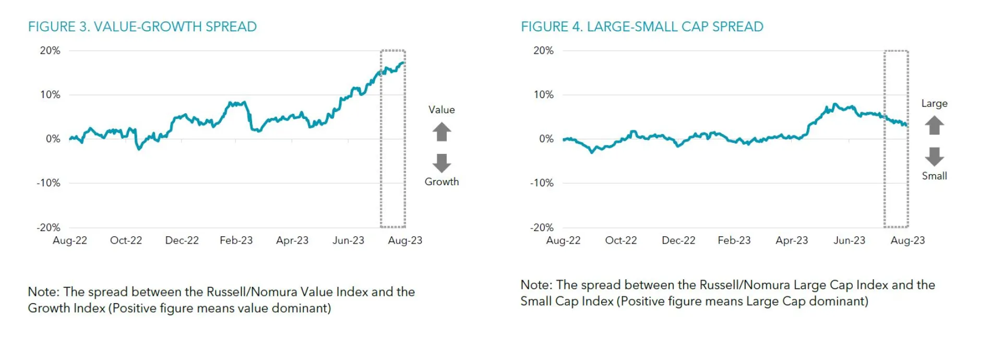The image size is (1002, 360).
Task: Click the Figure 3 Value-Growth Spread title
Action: click(x=142, y=27)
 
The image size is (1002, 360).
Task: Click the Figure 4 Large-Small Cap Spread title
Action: click(x=641, y=27)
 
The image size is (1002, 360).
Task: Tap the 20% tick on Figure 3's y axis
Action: click(x=50, y=51)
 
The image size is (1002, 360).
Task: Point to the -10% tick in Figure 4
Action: click(x=542, y=183)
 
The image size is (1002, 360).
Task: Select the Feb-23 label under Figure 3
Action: click(x=236, y=241)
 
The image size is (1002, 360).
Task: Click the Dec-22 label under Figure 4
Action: click(x=678, y=241)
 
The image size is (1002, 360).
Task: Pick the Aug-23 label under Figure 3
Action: click(x=405, y=241)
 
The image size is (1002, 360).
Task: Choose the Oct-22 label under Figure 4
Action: click(x=621, y=241)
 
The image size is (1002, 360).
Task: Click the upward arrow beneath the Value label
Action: click(x=442, y=132)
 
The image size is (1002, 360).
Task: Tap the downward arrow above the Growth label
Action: click(x=442, y=163)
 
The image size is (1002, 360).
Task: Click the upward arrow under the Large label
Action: click(x=934, y=125)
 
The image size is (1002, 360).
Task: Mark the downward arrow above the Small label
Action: click(x=934, y=156)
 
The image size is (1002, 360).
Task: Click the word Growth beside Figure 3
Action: click(x=442, y=182)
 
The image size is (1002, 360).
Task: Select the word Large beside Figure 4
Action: click(x=934, y=103)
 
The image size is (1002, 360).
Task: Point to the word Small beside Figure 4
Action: click(x=934, y=176)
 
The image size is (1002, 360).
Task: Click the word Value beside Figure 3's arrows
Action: click(x=442, y=110)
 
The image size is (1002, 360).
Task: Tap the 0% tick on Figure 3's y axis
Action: click(x=53, y=139)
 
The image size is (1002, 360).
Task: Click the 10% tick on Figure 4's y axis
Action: click(x=543, y=95)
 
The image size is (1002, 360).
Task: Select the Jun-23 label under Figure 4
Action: click(x=849, y=241)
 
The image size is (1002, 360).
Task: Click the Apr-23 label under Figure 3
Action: click(x=292, y=241)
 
